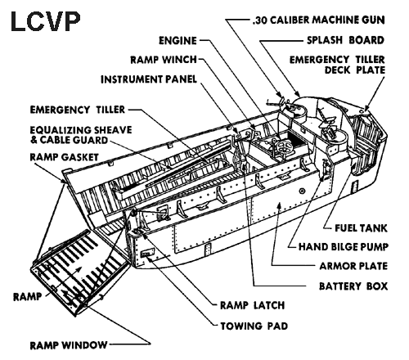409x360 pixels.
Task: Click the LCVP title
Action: pos(46,22)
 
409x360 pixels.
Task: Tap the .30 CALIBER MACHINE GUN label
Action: pos(319,20)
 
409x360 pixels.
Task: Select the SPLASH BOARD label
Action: pos(345,40)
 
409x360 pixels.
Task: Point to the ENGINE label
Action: pos(178,41)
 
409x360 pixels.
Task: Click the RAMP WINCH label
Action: pos(164,60)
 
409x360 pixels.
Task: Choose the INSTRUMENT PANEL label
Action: pos(149,79)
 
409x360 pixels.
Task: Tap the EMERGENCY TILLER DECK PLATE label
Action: pos(337,65)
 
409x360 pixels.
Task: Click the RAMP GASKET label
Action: pos(64,157)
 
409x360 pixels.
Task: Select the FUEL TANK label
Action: pos(361,228)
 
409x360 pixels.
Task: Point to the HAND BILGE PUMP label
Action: pos(344,247)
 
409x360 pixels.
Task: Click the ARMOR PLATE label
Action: pos(353,266)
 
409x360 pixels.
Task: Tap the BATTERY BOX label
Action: pos(353,286)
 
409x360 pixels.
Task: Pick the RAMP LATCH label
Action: pos(253,305)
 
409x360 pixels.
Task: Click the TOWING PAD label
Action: pos(254,326)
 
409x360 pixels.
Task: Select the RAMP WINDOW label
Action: pos(69,345)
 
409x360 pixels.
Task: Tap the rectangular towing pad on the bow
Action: pos(147,253)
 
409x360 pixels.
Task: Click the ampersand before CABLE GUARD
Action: pos(34,140)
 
